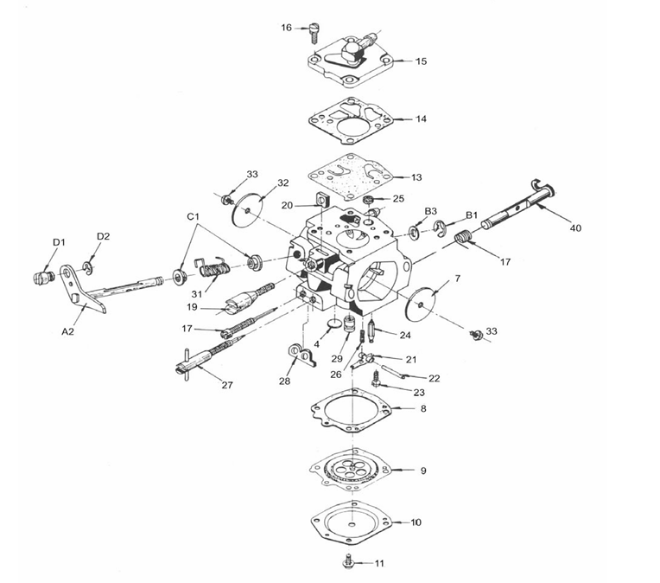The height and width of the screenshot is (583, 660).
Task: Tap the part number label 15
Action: coord(421,61)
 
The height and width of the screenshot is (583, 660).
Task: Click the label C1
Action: coord(194,215)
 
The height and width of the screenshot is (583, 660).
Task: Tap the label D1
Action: coord(58,242)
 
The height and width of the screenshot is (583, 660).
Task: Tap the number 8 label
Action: coord(422,407)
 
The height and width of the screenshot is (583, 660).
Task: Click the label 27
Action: coord(226,385)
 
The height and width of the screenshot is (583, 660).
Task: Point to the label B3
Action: coord(429,211)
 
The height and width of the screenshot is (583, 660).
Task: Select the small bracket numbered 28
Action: coord(296,354)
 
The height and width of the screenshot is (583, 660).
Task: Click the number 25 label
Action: coord(397,198)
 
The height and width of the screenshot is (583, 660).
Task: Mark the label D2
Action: coord(103,235)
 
